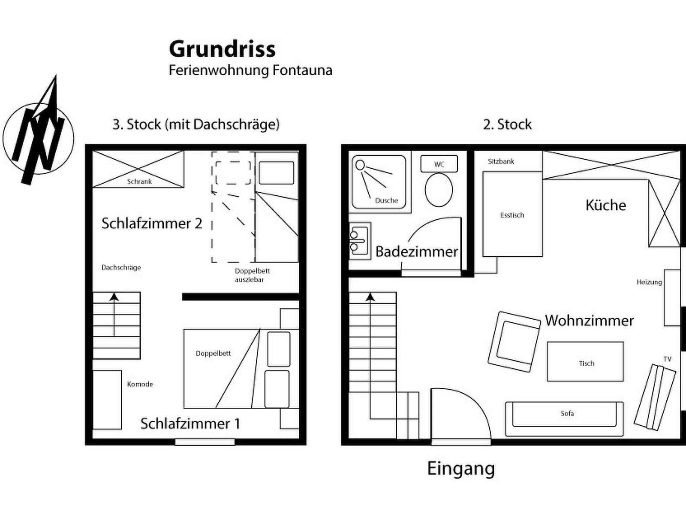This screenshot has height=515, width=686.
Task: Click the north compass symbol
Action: tap(38, 134)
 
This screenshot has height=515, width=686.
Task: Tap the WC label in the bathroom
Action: tap(439, 164)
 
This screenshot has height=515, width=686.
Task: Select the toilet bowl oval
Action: tap(439, 190)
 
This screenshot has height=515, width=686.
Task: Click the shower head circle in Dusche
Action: tap(360, 164)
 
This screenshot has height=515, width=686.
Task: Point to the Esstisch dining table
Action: tap(512, 214)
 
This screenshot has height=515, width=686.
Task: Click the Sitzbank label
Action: tap(501, 161)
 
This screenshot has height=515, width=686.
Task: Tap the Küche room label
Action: tap(606, 205)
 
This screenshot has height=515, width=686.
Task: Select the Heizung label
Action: tap(650, 282)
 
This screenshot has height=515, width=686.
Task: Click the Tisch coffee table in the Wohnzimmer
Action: tap(585, 361)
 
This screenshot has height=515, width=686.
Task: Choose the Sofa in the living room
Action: tap(564, 419)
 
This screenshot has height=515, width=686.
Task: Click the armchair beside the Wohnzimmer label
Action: tap(514, 342)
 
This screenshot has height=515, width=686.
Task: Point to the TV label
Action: tap(667, 359)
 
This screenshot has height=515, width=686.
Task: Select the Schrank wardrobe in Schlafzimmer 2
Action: tap(138, 169)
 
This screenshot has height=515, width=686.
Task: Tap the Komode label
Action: tap(140, 384)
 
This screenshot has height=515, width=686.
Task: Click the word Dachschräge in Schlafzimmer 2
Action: tap(121, 268)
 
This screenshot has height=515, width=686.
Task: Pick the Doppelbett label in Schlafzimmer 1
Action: tap(213, 353)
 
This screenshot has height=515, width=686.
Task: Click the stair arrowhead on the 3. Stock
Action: tap(114, 297)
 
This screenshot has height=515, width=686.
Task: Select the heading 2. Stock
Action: tap(507, 124)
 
